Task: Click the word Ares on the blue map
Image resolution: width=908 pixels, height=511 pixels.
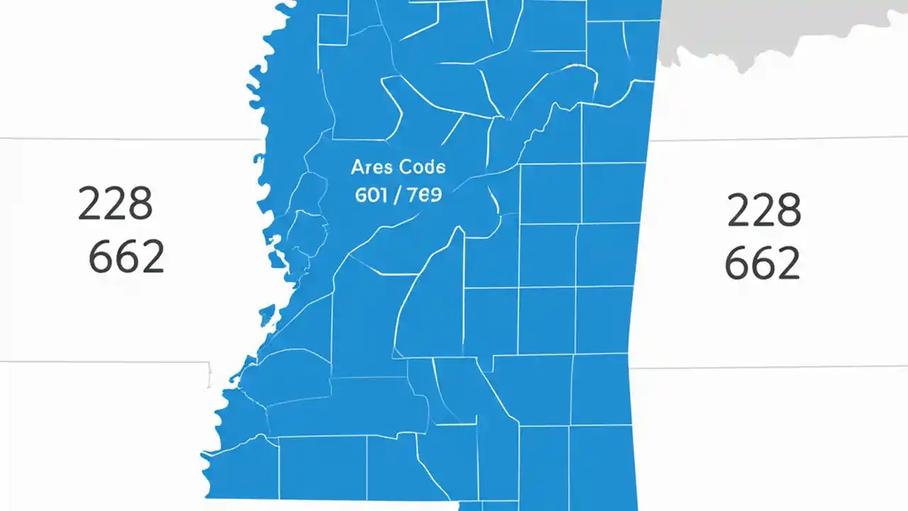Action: point(371,168)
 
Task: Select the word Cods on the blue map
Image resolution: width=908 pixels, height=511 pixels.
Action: point(423,168)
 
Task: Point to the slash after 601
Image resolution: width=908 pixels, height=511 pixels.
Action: point(396,195)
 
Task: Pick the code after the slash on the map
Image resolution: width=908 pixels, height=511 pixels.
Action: point(423,195)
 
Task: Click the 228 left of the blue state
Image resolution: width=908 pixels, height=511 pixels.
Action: point(115,204)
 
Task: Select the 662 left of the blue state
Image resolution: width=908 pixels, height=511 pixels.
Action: point(126,257)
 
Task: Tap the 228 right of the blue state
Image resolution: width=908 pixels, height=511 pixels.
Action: point(764,210)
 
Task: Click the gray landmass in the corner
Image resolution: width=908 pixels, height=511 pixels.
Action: point(780,28)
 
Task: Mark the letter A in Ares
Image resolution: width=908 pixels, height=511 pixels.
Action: point(358,168)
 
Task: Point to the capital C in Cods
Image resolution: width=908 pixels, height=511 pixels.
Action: point(406,168)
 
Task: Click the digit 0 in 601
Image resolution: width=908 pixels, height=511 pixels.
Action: point(372,195)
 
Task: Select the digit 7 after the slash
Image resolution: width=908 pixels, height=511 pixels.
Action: point(409,195)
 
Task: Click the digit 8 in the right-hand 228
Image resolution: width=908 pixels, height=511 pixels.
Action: point(787,210)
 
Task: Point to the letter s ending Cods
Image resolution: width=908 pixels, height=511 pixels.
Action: point(440,169)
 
